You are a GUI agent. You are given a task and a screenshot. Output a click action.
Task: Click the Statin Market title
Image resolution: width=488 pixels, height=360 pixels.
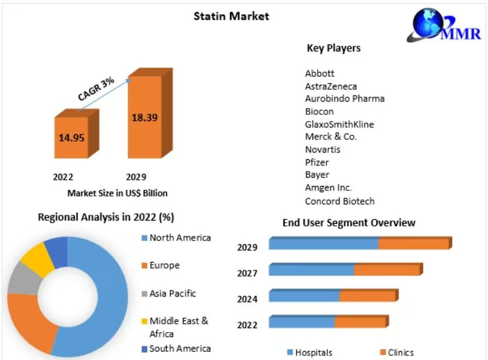pos(231,16)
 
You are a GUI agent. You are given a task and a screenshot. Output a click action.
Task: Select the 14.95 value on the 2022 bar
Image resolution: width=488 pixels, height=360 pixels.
pos(72,138)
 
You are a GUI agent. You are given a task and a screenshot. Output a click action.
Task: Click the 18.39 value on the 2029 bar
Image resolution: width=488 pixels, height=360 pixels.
pos(144,117)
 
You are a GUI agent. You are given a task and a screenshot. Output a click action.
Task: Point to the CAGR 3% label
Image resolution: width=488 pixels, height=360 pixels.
pos(96,88)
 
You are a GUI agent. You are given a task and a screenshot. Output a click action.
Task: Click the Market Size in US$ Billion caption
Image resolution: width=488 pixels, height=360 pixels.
pos(117,193)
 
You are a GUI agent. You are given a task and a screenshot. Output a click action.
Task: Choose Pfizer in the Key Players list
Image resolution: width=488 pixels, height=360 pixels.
pos(317,162)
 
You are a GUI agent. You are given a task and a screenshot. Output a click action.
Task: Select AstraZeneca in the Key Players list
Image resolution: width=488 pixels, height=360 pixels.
pos(331,86)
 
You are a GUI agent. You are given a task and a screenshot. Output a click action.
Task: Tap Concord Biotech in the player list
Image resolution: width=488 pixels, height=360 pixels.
pos(340,201)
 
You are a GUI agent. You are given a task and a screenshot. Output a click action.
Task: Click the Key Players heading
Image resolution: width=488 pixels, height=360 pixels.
pos(333,48)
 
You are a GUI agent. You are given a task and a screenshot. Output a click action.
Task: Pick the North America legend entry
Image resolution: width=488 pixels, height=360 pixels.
pos(180,238)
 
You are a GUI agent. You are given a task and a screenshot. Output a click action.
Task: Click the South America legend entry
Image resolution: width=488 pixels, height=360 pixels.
pos(180,348)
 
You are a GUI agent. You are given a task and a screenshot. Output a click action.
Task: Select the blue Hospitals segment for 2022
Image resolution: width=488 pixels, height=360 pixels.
pos(301,322)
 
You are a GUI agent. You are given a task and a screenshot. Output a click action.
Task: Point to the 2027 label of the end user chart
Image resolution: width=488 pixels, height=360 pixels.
pos(247,273)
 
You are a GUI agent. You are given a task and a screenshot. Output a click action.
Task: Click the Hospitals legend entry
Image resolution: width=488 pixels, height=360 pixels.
pos(313,353)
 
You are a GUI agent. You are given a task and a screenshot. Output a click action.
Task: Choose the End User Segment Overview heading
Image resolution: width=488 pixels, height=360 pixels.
pos(349,223)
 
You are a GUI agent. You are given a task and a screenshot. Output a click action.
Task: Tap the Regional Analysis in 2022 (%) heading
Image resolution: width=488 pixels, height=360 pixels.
pos(106,217)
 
